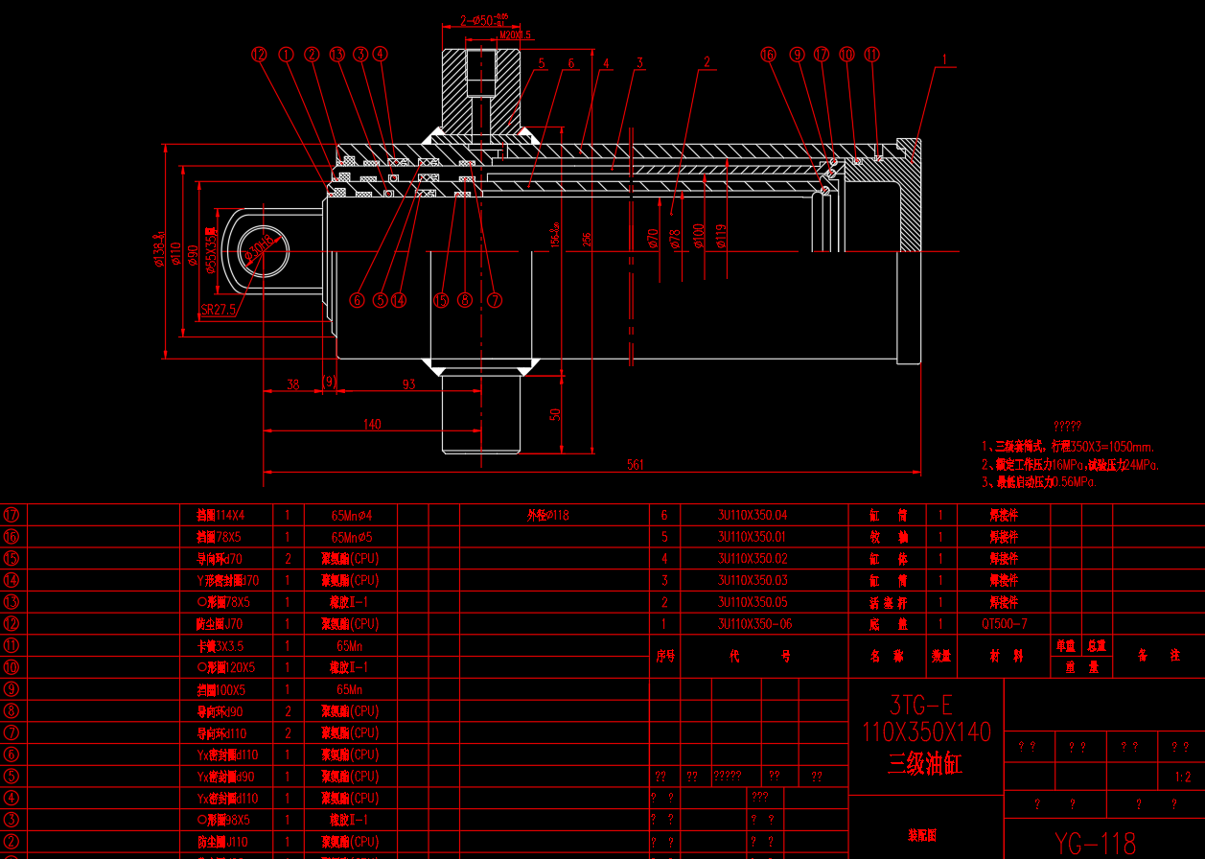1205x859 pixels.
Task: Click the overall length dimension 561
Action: [635, 465]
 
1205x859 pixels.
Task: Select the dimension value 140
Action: [372, 424]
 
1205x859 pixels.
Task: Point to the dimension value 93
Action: [409, 384]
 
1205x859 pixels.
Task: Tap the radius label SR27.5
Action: [218, 311]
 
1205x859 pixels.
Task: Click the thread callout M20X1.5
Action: [516, 35]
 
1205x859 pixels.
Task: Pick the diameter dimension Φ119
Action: [722, 236]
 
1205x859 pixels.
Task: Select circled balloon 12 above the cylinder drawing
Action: [259, 55]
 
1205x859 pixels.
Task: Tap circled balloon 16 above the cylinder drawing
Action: [767, 55]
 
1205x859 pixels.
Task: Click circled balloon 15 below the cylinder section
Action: [441, 300]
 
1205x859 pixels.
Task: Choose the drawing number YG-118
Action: [1095, 843]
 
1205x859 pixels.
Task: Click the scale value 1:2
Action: [1183, 777]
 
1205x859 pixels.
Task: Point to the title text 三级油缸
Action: [925, 765]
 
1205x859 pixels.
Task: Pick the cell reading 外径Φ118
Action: [547, 515]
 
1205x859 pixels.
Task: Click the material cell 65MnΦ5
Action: [351, 537]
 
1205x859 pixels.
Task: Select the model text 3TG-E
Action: [919, 706]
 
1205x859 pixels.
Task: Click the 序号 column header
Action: [665, 657]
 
